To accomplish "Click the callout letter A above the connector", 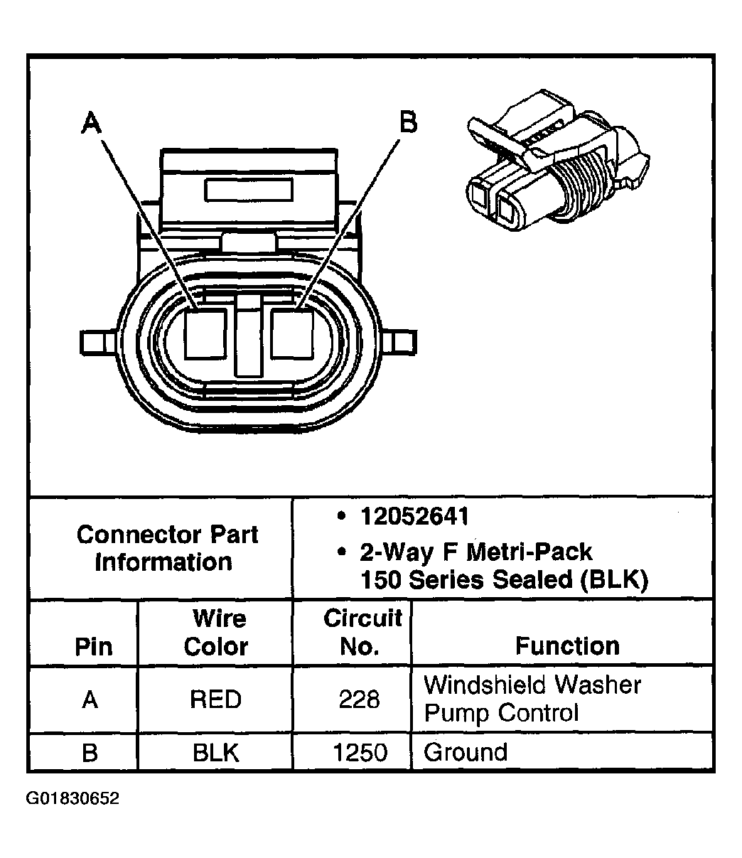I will (x=91, y=122).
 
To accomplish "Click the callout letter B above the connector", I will (x=408, y=122).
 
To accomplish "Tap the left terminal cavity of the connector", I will (x=205, y=334).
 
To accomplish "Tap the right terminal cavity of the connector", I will (x=292, y=333).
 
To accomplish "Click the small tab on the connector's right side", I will (x=402, y=342).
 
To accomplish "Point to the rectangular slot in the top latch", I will (x=249, y=190).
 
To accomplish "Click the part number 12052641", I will (x=414, y=517).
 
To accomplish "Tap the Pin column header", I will (x=94, y=646).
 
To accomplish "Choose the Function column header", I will (x=567, y=645).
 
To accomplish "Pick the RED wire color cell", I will (x=215, y=699).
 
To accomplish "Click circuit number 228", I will (x=360, y=699).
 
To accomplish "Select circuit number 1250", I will (x=360, y=753).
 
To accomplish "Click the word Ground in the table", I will (x=466, y=752).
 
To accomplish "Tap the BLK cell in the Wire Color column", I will (x=215, y=753).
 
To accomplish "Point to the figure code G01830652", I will (x=72, y=798).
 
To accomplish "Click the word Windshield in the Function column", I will (x=483, y=685).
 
